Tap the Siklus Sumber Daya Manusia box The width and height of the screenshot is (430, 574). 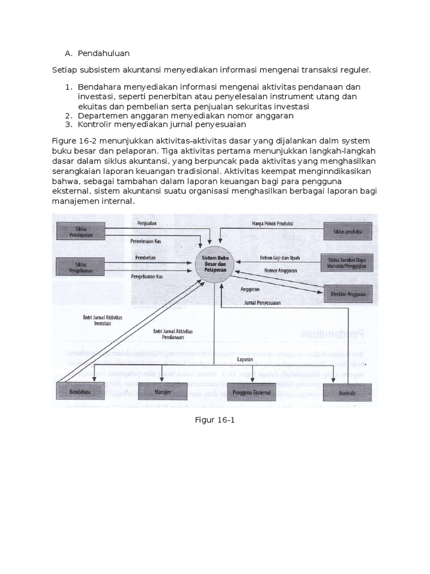point(347,262)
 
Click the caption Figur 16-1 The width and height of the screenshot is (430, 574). point(215,420)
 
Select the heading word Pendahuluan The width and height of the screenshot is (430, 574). point(104,53)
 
